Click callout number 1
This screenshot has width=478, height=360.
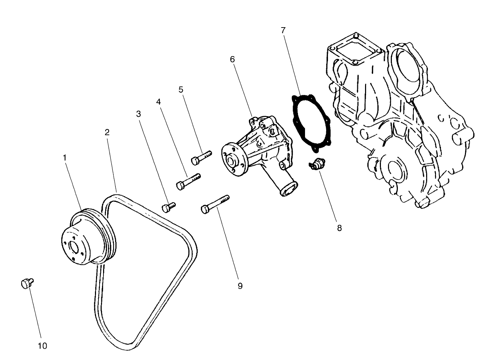coord(65,158)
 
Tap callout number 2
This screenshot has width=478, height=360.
coord(107,132)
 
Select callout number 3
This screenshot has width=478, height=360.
coord(138,114)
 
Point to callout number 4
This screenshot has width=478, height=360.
coord(159,102)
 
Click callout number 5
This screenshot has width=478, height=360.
coord(181,90)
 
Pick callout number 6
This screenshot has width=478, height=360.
coord(232,59)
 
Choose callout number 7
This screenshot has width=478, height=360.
coord(283,30)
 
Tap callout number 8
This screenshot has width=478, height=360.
coord(339,228)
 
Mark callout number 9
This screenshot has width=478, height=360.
coord(240,286)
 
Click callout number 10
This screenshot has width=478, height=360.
coord(42,346)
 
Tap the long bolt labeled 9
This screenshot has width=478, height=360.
coord(214,203)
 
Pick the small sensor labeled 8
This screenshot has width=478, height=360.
coord(317,164)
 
